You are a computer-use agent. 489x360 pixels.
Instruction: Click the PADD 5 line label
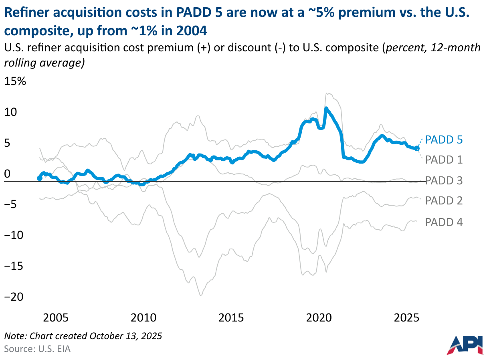pos(444,140)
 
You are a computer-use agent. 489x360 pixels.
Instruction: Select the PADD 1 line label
pos(444,160)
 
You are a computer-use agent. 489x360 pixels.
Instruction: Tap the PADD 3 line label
pos(444,180)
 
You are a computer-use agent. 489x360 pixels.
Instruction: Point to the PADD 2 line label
pos(444,200)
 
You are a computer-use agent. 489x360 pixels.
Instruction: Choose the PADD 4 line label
pos(444,222)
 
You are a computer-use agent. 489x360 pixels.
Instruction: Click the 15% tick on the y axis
pos(15,82)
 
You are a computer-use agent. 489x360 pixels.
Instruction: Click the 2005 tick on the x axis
pos(56,318)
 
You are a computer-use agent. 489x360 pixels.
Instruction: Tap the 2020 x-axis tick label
pos(319,318)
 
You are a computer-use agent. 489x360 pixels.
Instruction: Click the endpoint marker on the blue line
pos(417,148)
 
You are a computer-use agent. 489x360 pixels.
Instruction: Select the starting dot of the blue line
pos(39,178)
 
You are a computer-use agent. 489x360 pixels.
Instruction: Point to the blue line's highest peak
pos(326,108)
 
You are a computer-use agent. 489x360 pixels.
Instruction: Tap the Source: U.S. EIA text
pos(37,348)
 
